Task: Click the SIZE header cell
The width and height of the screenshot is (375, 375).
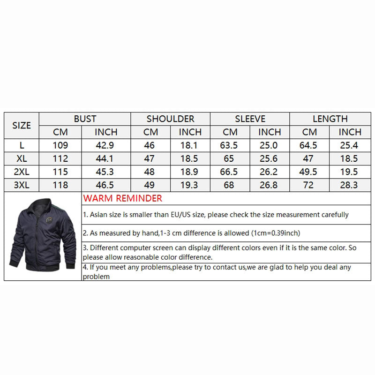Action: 22,126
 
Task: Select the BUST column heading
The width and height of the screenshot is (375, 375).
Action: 85,119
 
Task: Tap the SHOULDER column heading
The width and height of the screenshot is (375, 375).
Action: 170,119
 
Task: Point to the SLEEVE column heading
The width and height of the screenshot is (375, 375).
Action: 250,119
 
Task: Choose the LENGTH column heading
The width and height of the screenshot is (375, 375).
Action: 330,119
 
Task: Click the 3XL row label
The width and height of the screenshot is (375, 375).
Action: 22,185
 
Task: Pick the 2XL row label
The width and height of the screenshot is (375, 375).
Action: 22,172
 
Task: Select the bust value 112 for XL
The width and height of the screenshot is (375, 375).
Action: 60,159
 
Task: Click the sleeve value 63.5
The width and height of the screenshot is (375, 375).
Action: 230,145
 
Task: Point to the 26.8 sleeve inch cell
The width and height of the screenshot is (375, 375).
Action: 270,185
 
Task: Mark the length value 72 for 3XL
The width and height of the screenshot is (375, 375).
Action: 308,185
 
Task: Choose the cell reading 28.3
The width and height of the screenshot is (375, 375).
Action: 350,185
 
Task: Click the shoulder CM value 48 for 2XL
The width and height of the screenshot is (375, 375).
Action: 150,172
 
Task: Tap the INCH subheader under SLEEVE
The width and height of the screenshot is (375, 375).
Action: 270,132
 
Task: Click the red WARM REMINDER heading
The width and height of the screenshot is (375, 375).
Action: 122,198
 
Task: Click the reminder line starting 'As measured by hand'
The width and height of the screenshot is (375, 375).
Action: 192,233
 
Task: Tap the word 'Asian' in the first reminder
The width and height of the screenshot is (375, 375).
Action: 97,215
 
